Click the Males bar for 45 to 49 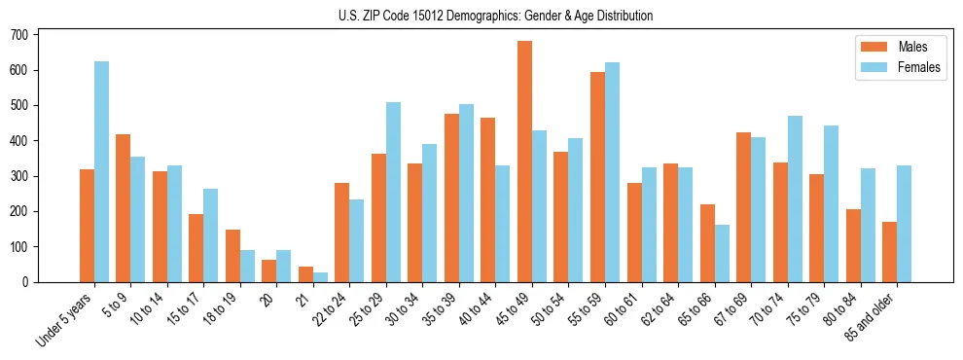[524, 162]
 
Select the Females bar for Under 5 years [101, 171]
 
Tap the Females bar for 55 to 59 [612, 172]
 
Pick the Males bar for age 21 [305, 274]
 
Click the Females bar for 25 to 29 [393, 192]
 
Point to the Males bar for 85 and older [889, 252]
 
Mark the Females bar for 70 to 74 [795, 198]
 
